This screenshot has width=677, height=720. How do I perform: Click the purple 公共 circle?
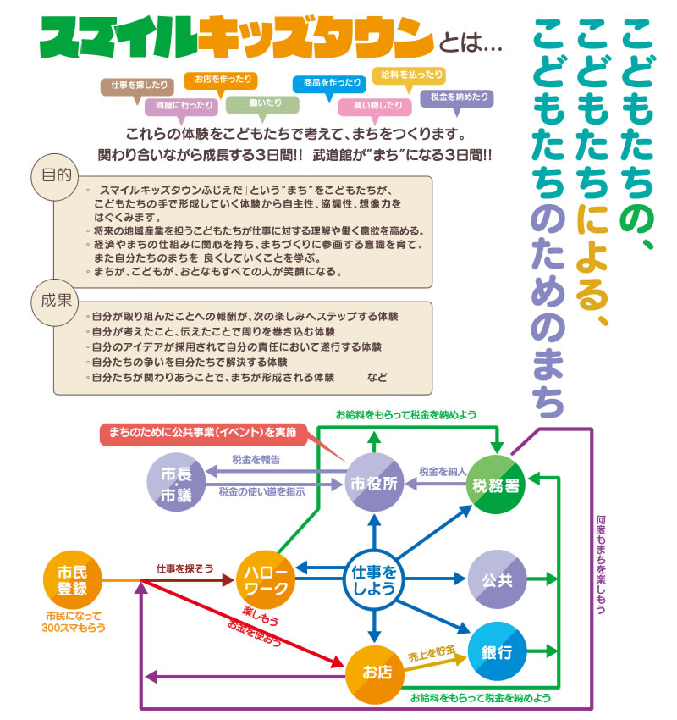coord(497,580)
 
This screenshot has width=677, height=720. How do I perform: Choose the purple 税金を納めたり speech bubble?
coord(456,97)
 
